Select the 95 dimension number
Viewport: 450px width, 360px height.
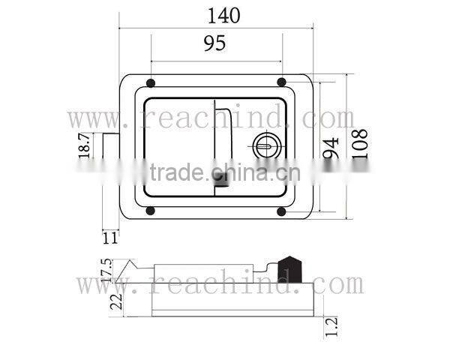point(214,43)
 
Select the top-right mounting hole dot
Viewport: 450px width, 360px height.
point(281,82)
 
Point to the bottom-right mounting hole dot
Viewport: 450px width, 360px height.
point(281,211)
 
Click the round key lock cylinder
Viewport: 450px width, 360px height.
point(266,143)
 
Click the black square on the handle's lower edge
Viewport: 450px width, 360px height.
point(222,179)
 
